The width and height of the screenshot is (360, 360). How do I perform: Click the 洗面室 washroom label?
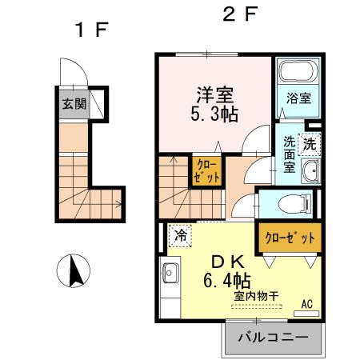(x=289, y=155)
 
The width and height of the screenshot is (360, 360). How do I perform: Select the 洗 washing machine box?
(x=309, y=145)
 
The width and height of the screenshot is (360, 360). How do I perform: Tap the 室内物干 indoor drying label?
(x=256, y=297)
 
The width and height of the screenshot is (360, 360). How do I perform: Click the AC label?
(x=306, y=303)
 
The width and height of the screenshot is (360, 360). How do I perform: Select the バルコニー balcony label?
(x=273, y=337)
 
